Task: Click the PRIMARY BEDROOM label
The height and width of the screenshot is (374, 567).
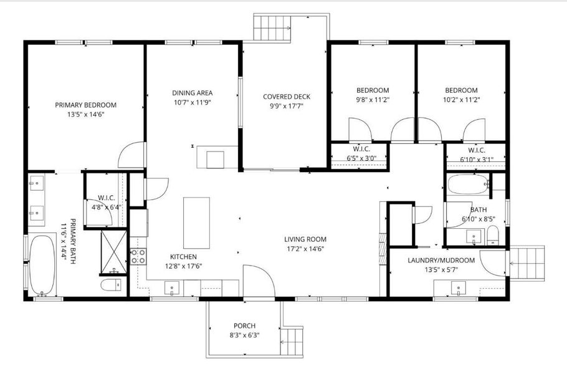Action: coord(85,105)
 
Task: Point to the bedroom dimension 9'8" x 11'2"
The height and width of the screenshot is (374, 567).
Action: coord(372,99)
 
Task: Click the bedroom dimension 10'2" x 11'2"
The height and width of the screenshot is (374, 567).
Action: coord(461,99)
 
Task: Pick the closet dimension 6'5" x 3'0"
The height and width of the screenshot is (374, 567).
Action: coord(361,158)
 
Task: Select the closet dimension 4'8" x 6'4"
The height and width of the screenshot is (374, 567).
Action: coord(105,207)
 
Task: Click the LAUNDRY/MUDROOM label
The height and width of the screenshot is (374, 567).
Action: coord(441,260)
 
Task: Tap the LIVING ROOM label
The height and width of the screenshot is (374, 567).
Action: coord(305,239)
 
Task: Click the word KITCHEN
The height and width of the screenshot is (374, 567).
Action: coord(184,256)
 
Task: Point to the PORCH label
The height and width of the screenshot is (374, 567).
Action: coord(244,325)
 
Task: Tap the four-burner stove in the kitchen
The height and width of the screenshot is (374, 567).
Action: coord(138,256)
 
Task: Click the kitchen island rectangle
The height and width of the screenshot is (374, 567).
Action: coord(195,223)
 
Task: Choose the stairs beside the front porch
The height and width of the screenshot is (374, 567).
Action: coord(292,338)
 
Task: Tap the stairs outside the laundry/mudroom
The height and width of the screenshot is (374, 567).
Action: coord(528,261)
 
